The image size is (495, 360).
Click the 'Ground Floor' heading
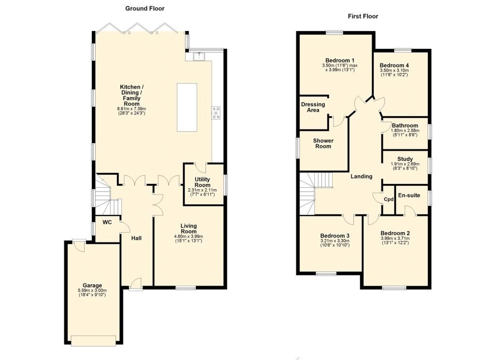pyautogui.click(x=145, y=9)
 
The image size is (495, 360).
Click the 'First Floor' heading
pyautogui.click(x=363, y=16)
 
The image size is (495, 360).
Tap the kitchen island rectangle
pyautogui.click(x=187, y=107)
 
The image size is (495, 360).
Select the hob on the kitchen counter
pyautogui.click(x=217, y=113)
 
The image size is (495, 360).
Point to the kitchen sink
pyautogui.click(x=199, y=56)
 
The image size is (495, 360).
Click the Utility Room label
pyautogui.click(x=203, y=182)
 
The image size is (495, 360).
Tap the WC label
pyautogui.click(x=107, y=222)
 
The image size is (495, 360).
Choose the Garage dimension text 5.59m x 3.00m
pyautogui.click(x=92, y=290)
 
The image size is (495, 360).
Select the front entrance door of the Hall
pyautogui.click(x=136, y=284)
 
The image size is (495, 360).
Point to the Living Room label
pyautogui.click(x=189, y=228)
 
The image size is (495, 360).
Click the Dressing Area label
pyautogui.click(x=313, y=107)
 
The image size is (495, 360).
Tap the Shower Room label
pyautogui.click(x=323, y=143)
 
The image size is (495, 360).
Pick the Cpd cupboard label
pyautogui.click(x=389, y=199)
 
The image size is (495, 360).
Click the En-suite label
pyautogui.click(x=409, y=195)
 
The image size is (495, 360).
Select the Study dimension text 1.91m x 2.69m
pyautogui.click(x=405, y=164)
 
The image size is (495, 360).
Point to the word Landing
pyautogui.click(x=362, y=176)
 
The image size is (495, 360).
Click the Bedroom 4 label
pyautogui.click(x=394, y=65)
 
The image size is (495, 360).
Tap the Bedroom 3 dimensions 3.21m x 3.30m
pyautogui.click(x=335, y=241)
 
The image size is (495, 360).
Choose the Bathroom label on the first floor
pyautogui.click(x=405, y=125)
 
